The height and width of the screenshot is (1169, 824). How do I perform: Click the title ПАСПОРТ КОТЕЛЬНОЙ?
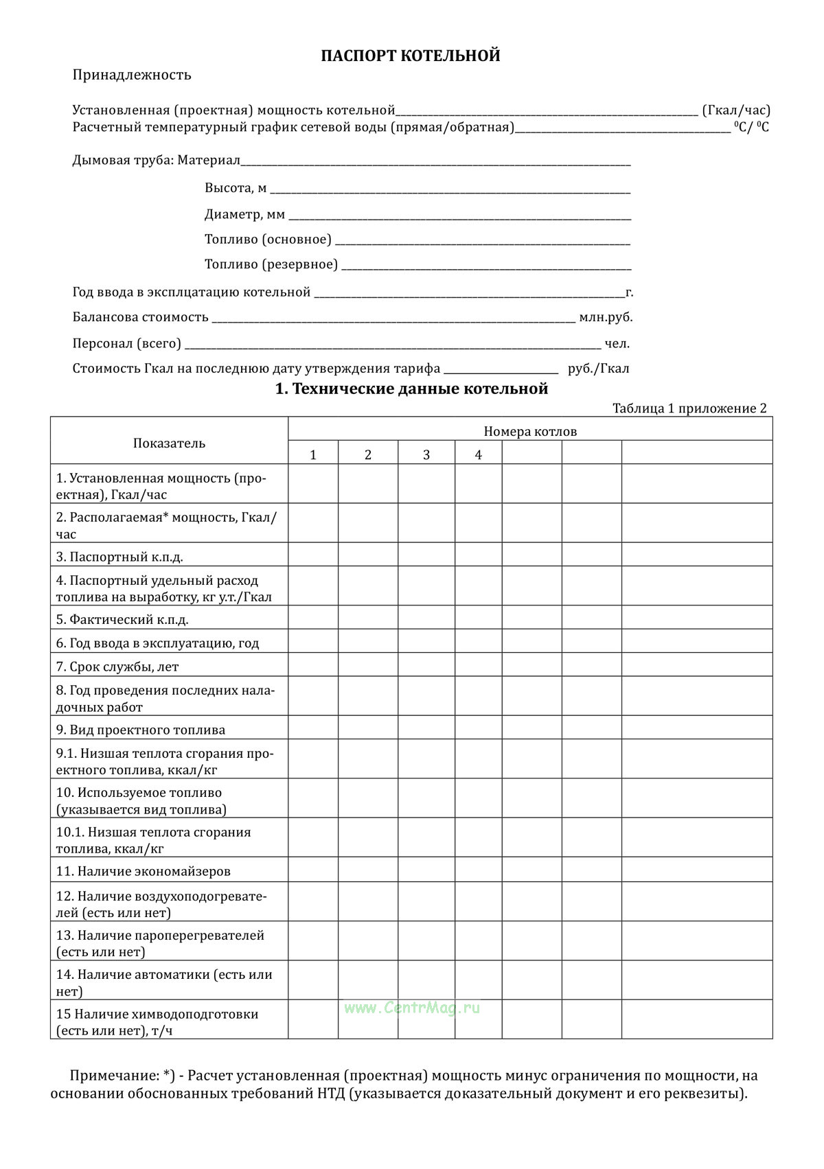tap(411, 56)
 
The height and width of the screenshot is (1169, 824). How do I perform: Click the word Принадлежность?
tap(132, 75)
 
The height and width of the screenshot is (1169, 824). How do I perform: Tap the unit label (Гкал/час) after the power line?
tap(736, 110)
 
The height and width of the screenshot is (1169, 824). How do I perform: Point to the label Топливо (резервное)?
tap(271, 264)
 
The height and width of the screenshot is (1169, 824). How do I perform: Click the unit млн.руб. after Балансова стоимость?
tap(606, 317)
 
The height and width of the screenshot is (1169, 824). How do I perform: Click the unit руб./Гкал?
tap(598, 369)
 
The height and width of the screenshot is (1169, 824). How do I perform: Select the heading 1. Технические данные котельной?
tap(411, 389)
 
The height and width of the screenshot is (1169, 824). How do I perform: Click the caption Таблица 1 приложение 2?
tap(689, 408)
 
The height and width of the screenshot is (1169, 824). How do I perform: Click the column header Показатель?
tap(169, 443)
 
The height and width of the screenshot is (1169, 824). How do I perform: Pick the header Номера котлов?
tap(530, 432)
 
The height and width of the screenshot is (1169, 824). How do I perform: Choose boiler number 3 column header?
tap(426, 455)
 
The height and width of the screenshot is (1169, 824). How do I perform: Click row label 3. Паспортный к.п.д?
tap(119, 557)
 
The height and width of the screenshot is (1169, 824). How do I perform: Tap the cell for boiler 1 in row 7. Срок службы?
tap(313, 667)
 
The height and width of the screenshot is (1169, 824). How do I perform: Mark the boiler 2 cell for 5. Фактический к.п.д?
tap(368, 620)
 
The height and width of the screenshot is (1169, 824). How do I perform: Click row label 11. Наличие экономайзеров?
tap(143, 871)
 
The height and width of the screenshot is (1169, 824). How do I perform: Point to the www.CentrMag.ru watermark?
tap(412, 1008)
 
